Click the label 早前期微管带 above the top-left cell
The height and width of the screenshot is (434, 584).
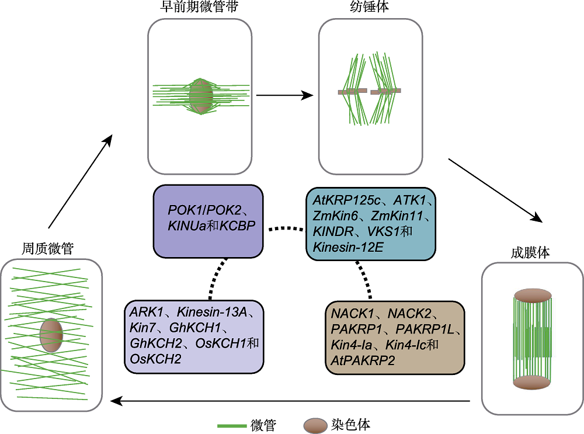(199, 6)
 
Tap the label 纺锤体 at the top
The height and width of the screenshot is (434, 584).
(370, 6)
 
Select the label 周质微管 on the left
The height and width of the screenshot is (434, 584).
(48, 248)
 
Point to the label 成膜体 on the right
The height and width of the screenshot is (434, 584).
(530, 252)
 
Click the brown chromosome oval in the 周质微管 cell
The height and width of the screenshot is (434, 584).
(51, 335)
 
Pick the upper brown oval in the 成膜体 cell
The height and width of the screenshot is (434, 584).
(533, 296)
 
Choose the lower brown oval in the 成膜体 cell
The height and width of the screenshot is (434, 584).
(532, 383)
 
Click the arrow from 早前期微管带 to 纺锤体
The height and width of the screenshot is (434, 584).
(285, 95)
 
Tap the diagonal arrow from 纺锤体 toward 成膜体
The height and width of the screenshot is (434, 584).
(495, 190)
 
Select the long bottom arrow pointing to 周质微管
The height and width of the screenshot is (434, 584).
(290, 401)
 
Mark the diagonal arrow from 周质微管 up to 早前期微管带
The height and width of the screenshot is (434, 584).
(81, 182)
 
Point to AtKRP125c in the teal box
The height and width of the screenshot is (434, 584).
(346, 200)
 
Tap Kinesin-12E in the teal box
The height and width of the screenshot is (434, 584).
(348, 247)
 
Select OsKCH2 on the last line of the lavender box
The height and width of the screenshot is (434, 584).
(155, 359)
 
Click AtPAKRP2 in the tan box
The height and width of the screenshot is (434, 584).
(363, 360)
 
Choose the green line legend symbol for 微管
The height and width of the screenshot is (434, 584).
(232, 425)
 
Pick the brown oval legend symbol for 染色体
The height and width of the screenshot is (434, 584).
(315, 426)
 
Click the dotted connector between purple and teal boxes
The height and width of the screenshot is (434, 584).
(286, 229)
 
